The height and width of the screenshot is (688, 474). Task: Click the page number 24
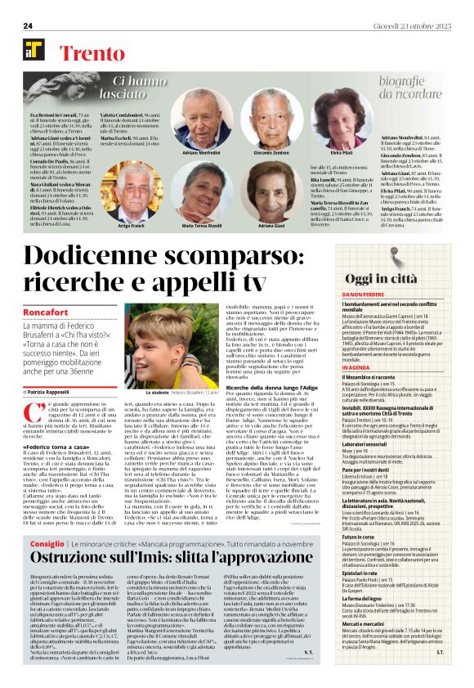(27, 26)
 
